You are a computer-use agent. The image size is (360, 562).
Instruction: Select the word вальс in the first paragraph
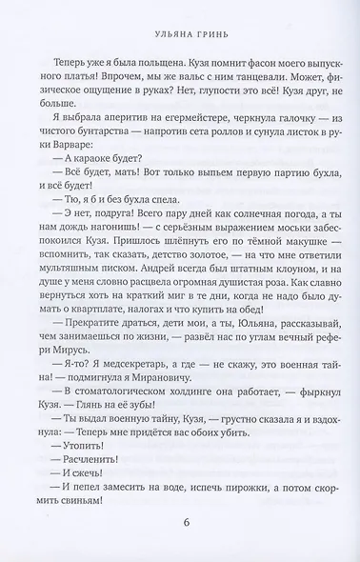coord(170,81)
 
